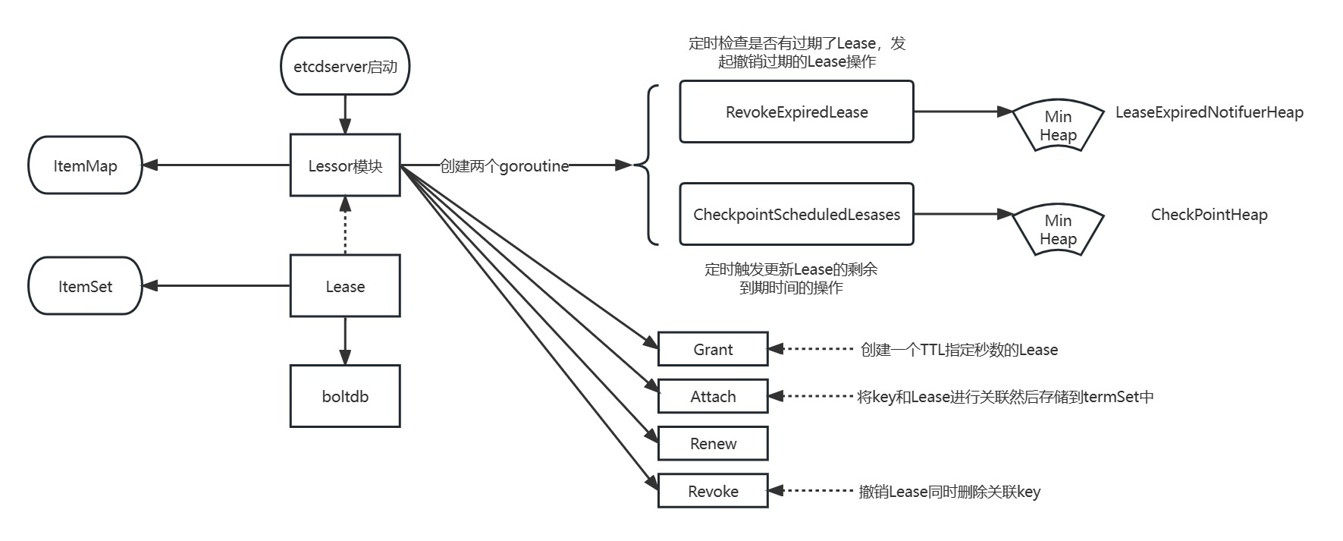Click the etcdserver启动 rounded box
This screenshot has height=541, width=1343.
coord(345,67)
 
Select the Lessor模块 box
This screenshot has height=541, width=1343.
coord(345,165)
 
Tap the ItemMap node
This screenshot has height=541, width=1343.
coord(85,165)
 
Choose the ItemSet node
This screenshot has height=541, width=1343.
coord(85,286)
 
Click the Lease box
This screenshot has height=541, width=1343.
coord(345,286)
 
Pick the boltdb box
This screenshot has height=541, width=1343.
coord(345,396)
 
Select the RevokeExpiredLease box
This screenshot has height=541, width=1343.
coord(796,112)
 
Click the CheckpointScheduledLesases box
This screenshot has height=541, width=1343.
coord(796,214)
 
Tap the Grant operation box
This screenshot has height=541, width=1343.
coord(713,349)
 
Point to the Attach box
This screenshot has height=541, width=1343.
coord(713,396)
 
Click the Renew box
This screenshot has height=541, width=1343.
coord(713,444)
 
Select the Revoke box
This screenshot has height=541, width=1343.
coord(713,491)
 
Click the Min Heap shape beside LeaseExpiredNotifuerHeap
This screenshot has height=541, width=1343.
coord(1058,126)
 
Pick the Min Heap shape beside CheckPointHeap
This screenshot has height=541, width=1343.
coord(1058,229)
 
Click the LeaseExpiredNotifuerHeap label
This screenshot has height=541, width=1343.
coord(1209,112)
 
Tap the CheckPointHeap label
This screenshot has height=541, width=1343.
coord(1209,215)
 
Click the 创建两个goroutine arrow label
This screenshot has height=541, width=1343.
coord(504,166)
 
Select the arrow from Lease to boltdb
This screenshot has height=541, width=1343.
coord(345,341)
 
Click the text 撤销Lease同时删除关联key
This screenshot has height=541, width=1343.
coord(949,492)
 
